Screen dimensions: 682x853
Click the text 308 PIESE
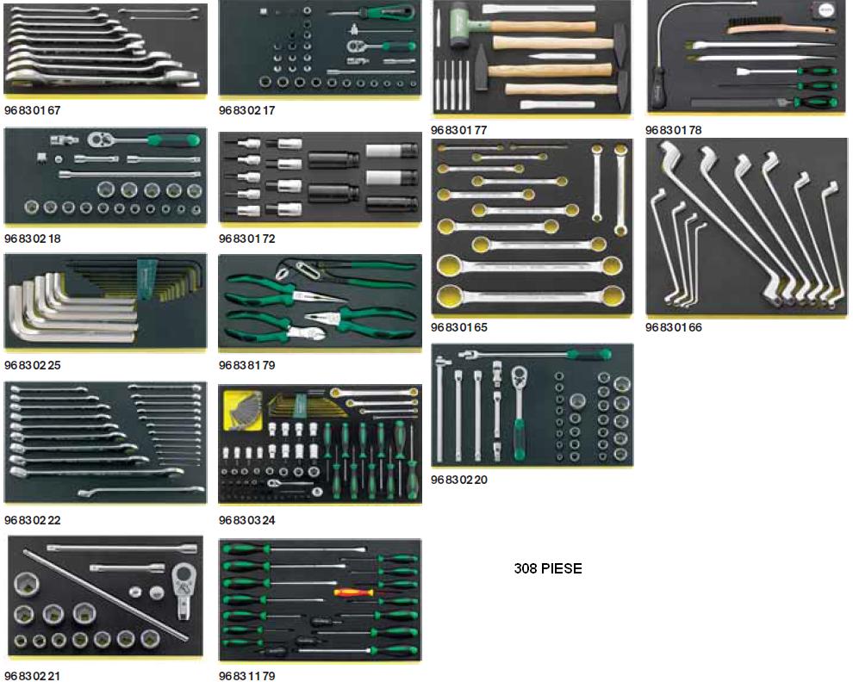(547, 568)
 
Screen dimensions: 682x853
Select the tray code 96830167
(32, 110)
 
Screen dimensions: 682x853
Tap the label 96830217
(247, 110)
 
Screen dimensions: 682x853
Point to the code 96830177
(459, 130)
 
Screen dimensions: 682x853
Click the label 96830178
(674, 130)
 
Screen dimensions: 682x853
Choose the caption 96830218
(32, 238)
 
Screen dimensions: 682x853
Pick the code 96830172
(247, 238)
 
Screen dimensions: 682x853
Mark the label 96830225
(32, 364)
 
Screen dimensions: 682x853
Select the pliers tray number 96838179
(247, 364)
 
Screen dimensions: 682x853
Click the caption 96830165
(459, 327)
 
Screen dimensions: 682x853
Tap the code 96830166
(674, 327)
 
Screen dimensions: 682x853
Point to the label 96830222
(32, 520)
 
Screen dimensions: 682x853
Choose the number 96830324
(247, 520)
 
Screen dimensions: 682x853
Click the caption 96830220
(459, 480)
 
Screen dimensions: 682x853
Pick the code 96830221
(32, 676)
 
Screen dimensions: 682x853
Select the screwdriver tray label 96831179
(247, 676)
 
